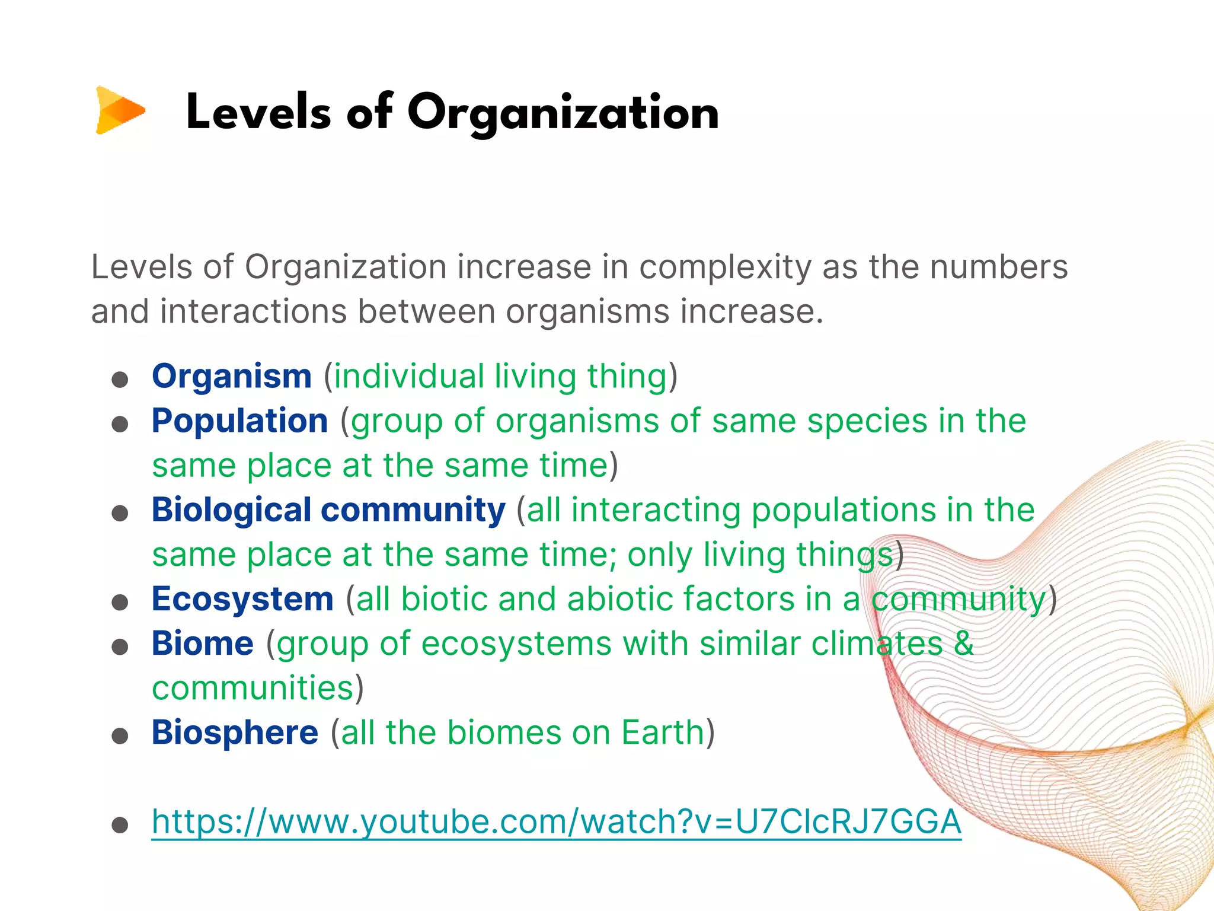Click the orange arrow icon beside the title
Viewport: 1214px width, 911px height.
pyautogui.click(x=120, y=110)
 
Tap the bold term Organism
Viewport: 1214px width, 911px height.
pyautogui.click(x=232, y=376)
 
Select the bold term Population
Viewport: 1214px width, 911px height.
pyautogui.click(x=239, y=421)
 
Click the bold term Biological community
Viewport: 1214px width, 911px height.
pyautogui.click(x=328, y=509)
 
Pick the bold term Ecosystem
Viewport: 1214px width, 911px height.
pyautogui.click(x=242, y=598)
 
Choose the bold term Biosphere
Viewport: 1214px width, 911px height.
pyautogui.click(x=235, y=732)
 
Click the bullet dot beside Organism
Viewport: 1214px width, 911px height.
pyautogui.click(x=120, y=380)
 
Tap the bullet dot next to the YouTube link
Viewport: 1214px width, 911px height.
pyautogui.click(x=120, y=825)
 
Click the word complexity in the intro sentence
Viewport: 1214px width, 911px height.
pyautogui.click(x=725, y=267)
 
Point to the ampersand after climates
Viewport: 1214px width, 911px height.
pyautogui.click(x=964, y=643)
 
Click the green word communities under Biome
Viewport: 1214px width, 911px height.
pyautogui.click(x=253, y=688)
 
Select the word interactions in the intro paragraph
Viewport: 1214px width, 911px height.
pyautogui.click(x=253, y=311)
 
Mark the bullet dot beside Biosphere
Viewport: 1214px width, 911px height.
pyautogui.click(x=120, y=736)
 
